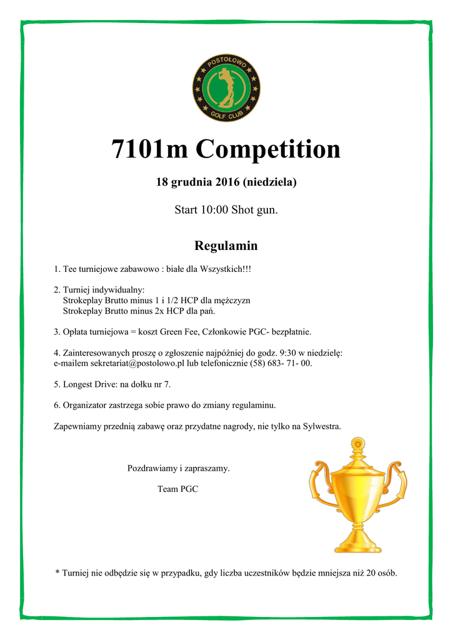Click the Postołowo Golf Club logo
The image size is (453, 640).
click(226, 88)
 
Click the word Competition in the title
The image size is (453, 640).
click(268, 150)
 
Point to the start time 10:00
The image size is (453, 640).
click(214, 210)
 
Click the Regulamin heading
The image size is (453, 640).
click(226, 246)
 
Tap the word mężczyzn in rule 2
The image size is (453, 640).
click(232, 301)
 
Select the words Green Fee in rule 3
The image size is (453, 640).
click(178, 331)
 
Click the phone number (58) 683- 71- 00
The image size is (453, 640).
click(282, 363)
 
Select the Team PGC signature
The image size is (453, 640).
click(177, 489)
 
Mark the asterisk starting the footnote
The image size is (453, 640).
click(57, 572)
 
